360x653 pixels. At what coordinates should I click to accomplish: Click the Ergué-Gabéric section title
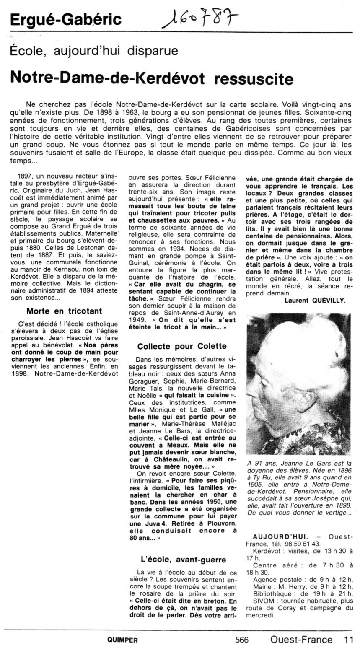[66, 19]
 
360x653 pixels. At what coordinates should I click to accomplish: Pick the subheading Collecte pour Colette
[182, 346]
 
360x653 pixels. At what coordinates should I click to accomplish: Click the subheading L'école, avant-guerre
[183, 560]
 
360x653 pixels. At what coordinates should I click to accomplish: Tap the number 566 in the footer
[242, 640]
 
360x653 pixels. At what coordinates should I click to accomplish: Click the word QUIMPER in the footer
[121, 640]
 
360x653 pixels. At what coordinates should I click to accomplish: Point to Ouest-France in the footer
[301, 640]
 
